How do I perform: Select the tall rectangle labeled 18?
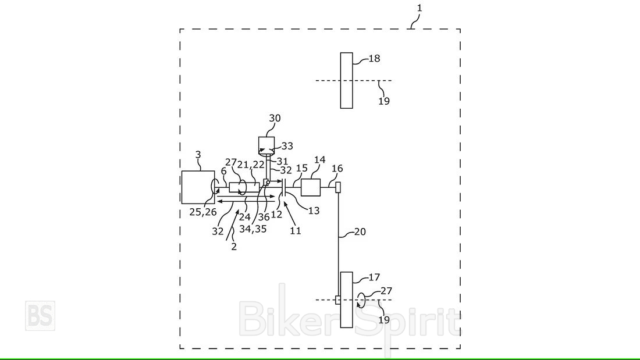(x=346, y=80)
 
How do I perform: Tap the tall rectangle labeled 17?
(x=347, y=300)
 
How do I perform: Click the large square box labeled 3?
(x=198, y=187)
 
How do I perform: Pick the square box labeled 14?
(x=311, y=187)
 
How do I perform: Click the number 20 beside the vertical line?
(x=361, y=231)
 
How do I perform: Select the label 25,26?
(x=203, y=213)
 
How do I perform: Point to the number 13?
(x=314, y=211)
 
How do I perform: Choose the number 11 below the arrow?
(x=296, y=231)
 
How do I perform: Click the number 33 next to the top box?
(x=287, y=147)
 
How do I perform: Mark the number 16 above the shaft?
(x=337, y=169)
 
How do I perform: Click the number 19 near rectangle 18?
(x=384, y=101)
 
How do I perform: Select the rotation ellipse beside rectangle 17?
(x=362, y=300)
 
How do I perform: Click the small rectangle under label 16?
(x=337, y=187)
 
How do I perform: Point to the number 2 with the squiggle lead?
(x=234, y=246)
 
